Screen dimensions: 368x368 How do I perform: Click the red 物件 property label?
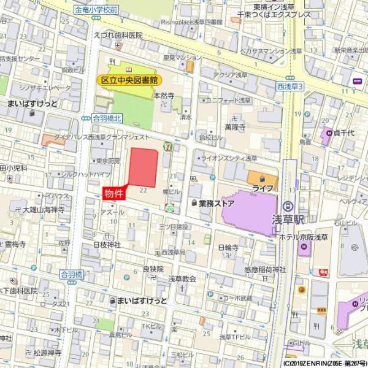pyautogui.click(x=114, y=194)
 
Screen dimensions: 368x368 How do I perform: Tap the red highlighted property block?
pyautogui.click(x=143, y=167)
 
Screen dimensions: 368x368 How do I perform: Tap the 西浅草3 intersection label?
pyautogui.click(x=290, y=86)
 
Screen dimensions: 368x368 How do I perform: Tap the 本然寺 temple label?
pyautogui.click(x=164, y=96)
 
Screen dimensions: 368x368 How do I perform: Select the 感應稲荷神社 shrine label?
pyautogui.click(x=265, y=269)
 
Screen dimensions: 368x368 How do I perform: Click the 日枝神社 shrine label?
pyautogui.click(x=107, y=244)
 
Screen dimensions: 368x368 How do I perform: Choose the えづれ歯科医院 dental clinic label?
pyautogui.click(x=118, y=35)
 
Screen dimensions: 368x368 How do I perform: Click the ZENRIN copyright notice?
pyautogui.click(x=324, y=364)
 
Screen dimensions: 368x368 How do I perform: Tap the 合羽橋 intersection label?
pyautogui.click(x=72, y=275)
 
